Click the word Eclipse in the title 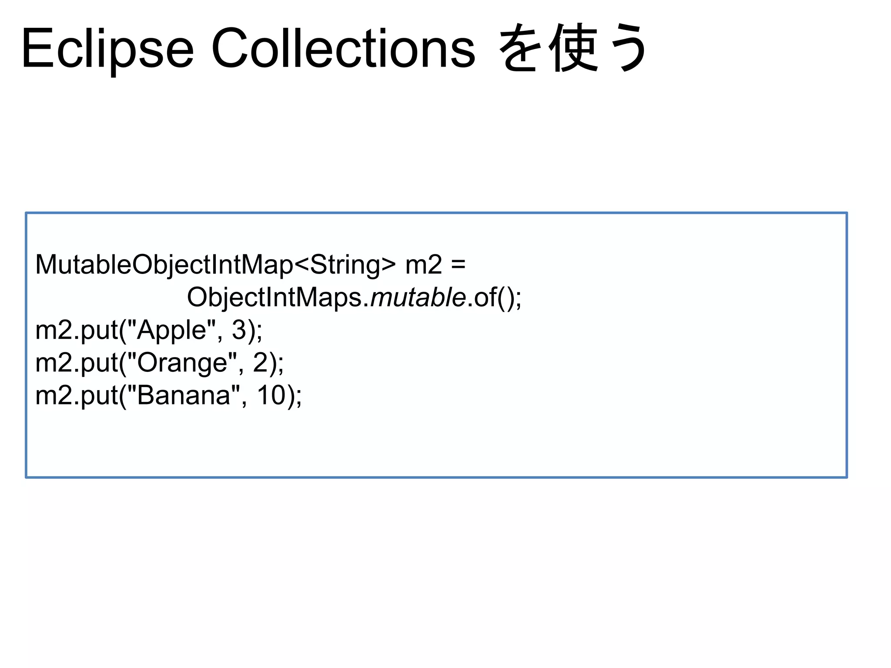[x=107, y=49]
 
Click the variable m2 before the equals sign [x=423, y=264]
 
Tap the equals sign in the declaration [x=458, y=264]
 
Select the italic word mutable [x=418, y=297]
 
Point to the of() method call [x=493, y=297]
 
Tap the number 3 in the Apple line [x=239, y=330]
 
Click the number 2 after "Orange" [x=260, y=363]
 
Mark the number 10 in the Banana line [x=271, y=395]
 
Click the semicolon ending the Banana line [x=298, y=397]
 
